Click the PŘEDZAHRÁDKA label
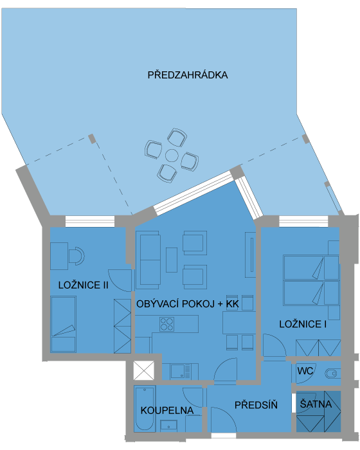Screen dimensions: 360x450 (x=188, y=75)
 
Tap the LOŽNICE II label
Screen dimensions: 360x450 (x=84, y=285)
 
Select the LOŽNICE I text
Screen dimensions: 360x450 (x=303, y=324)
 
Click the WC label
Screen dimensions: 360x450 (x=305, y=371)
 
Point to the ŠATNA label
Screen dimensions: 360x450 (x=316, y=404)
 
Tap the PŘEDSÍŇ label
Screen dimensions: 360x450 (x=256, y=405)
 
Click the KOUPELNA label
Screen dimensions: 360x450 (x=166, y=410)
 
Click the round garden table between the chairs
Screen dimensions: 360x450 (x=172, y=156)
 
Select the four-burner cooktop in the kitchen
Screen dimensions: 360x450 (x=166, y=324)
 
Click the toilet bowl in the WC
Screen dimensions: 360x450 (x=331, y=373)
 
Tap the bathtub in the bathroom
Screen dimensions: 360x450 (x=145, y=409)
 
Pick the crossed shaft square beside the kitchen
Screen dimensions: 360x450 (x=144, y=371)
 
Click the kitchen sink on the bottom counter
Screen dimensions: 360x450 (x=180, y=372)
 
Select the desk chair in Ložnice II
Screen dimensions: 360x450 (x=76, y=256)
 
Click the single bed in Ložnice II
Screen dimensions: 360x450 (x=63, y=324)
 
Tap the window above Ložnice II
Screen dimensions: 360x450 (x=90, y=222)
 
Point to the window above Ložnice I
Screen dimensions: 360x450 (x=303, y=222)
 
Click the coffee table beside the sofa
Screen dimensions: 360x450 (x=172, y=260)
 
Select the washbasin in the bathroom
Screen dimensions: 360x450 (x=168, y=426)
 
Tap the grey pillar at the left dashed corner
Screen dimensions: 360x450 (x=92, y=139)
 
